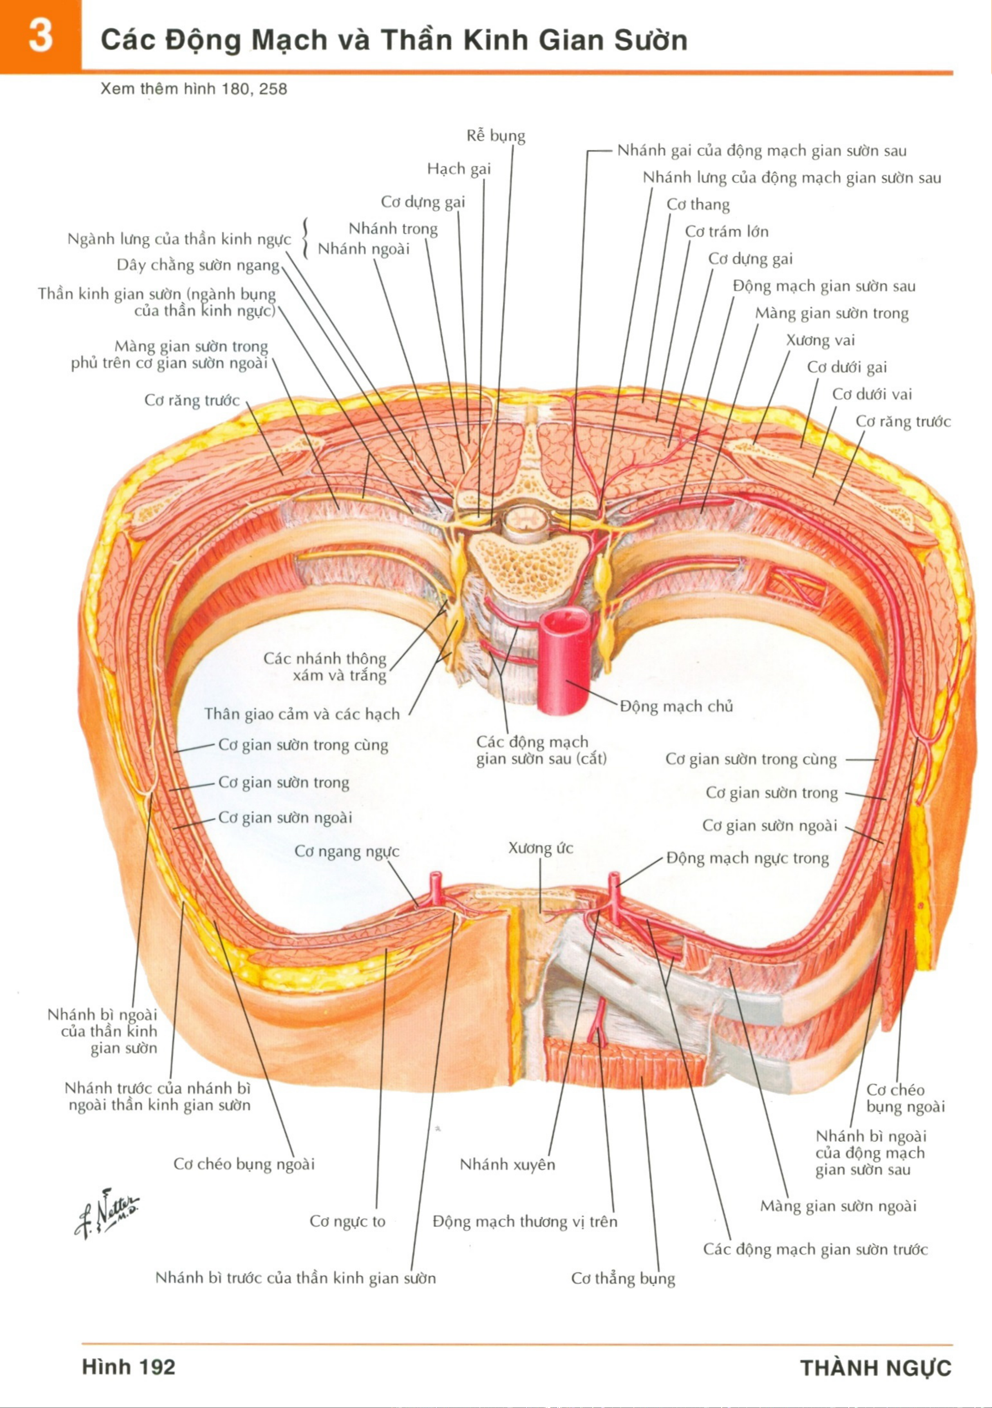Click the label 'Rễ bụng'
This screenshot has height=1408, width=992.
pos(496,136)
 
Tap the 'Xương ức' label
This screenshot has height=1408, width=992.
pos(540,848)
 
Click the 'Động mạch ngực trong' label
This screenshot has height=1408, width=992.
pos(747,858)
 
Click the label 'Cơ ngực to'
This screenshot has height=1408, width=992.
pos(347,1221)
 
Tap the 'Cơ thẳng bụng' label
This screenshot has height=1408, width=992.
pos(623,1279)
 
